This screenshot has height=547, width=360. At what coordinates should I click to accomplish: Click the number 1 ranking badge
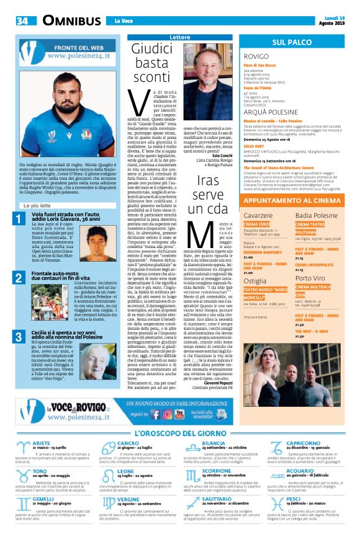19,217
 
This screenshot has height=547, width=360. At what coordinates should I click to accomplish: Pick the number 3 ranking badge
19,336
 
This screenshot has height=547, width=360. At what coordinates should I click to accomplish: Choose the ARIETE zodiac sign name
42,443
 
